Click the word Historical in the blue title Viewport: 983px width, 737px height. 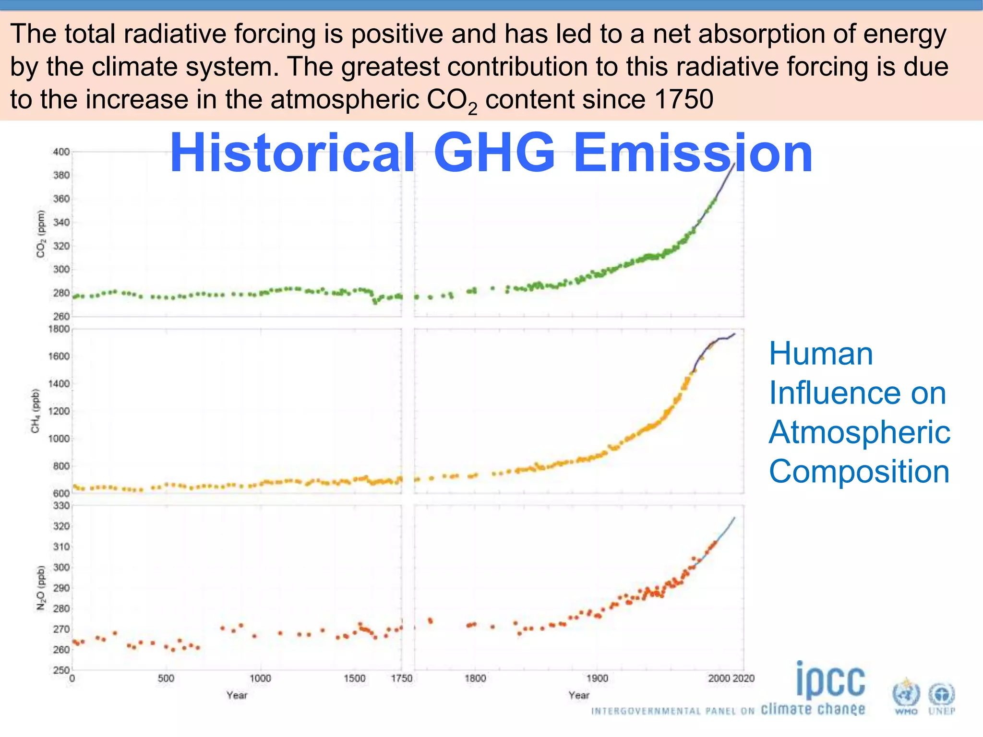coord(292,153)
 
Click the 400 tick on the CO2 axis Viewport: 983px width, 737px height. coord(61,152)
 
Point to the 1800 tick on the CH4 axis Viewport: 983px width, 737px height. coord(59,329)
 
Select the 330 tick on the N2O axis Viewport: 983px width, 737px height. coord(61,505)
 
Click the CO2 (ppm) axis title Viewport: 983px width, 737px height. coord(41,234)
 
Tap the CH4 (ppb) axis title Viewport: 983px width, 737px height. coord(36,410)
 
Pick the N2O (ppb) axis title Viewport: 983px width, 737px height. coord(41,588)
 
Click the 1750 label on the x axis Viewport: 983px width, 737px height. coord(401,678)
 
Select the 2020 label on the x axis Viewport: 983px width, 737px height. coord(743,678)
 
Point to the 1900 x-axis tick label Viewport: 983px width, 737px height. coord(597,678)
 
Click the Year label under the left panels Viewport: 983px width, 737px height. coord(237,695)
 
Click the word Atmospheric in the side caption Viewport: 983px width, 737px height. coord(859,432)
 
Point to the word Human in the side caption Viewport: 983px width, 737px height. coord(821,354)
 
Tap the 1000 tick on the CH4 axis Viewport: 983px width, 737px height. coord(59,439)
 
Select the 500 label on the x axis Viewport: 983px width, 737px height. coord(166,678)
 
